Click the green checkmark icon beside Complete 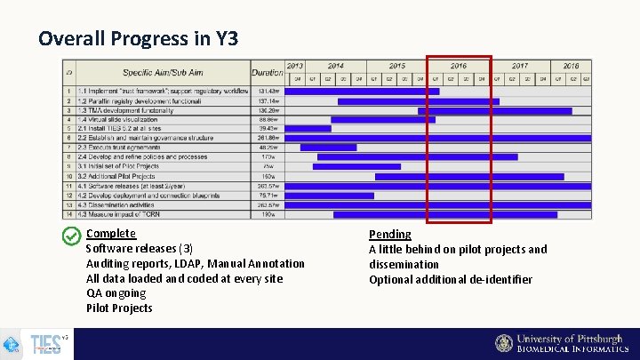(x=72, y=236)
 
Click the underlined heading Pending (x=390, y=234)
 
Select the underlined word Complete (x=111, y=233)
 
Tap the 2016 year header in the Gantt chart (x=458, y=66)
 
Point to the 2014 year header (x=335, y=66)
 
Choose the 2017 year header (x=519, y=66)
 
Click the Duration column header (x=267, y=71)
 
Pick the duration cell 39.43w (x=267, y=128)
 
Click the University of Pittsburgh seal (x=504, y=344)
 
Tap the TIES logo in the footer (x=44, y=345)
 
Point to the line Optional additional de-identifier (x=451, y=279)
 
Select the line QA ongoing (x=116, y=293)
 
